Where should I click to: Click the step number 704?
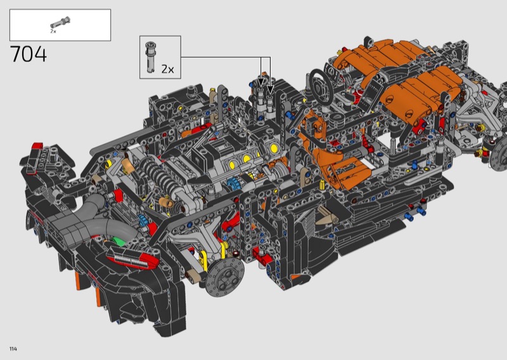tap(29, 54)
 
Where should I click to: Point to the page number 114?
tap(13, 349)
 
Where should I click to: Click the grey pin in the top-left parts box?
tap(60, 23)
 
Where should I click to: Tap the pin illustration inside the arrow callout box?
tap(150, 57)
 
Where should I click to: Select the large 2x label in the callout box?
tap(167, 69)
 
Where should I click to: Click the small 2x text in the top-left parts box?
tap(53, 32)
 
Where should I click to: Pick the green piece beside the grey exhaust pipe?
tap(117, 241)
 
